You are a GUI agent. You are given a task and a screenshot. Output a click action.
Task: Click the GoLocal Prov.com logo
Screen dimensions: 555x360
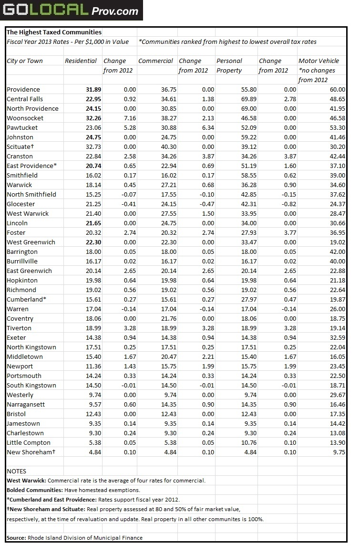[72, 10]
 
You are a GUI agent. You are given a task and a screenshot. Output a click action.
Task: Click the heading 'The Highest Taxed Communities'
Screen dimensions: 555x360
[54, 32]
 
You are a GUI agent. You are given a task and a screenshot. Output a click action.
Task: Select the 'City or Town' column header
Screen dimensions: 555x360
[25, 61]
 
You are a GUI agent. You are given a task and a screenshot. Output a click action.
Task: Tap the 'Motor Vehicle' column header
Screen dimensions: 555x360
[319, 61]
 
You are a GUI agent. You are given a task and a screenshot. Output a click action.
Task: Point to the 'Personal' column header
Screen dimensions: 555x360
[229, 61]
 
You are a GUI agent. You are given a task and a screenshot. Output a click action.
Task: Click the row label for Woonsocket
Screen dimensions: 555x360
[25, 118]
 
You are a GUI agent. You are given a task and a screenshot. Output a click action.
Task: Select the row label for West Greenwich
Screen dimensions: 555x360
[31, 242]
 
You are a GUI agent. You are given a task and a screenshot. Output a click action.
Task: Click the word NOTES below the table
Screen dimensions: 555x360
[16, 471]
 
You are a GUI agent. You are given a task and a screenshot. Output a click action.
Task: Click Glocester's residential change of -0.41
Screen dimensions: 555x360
[127, 204]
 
